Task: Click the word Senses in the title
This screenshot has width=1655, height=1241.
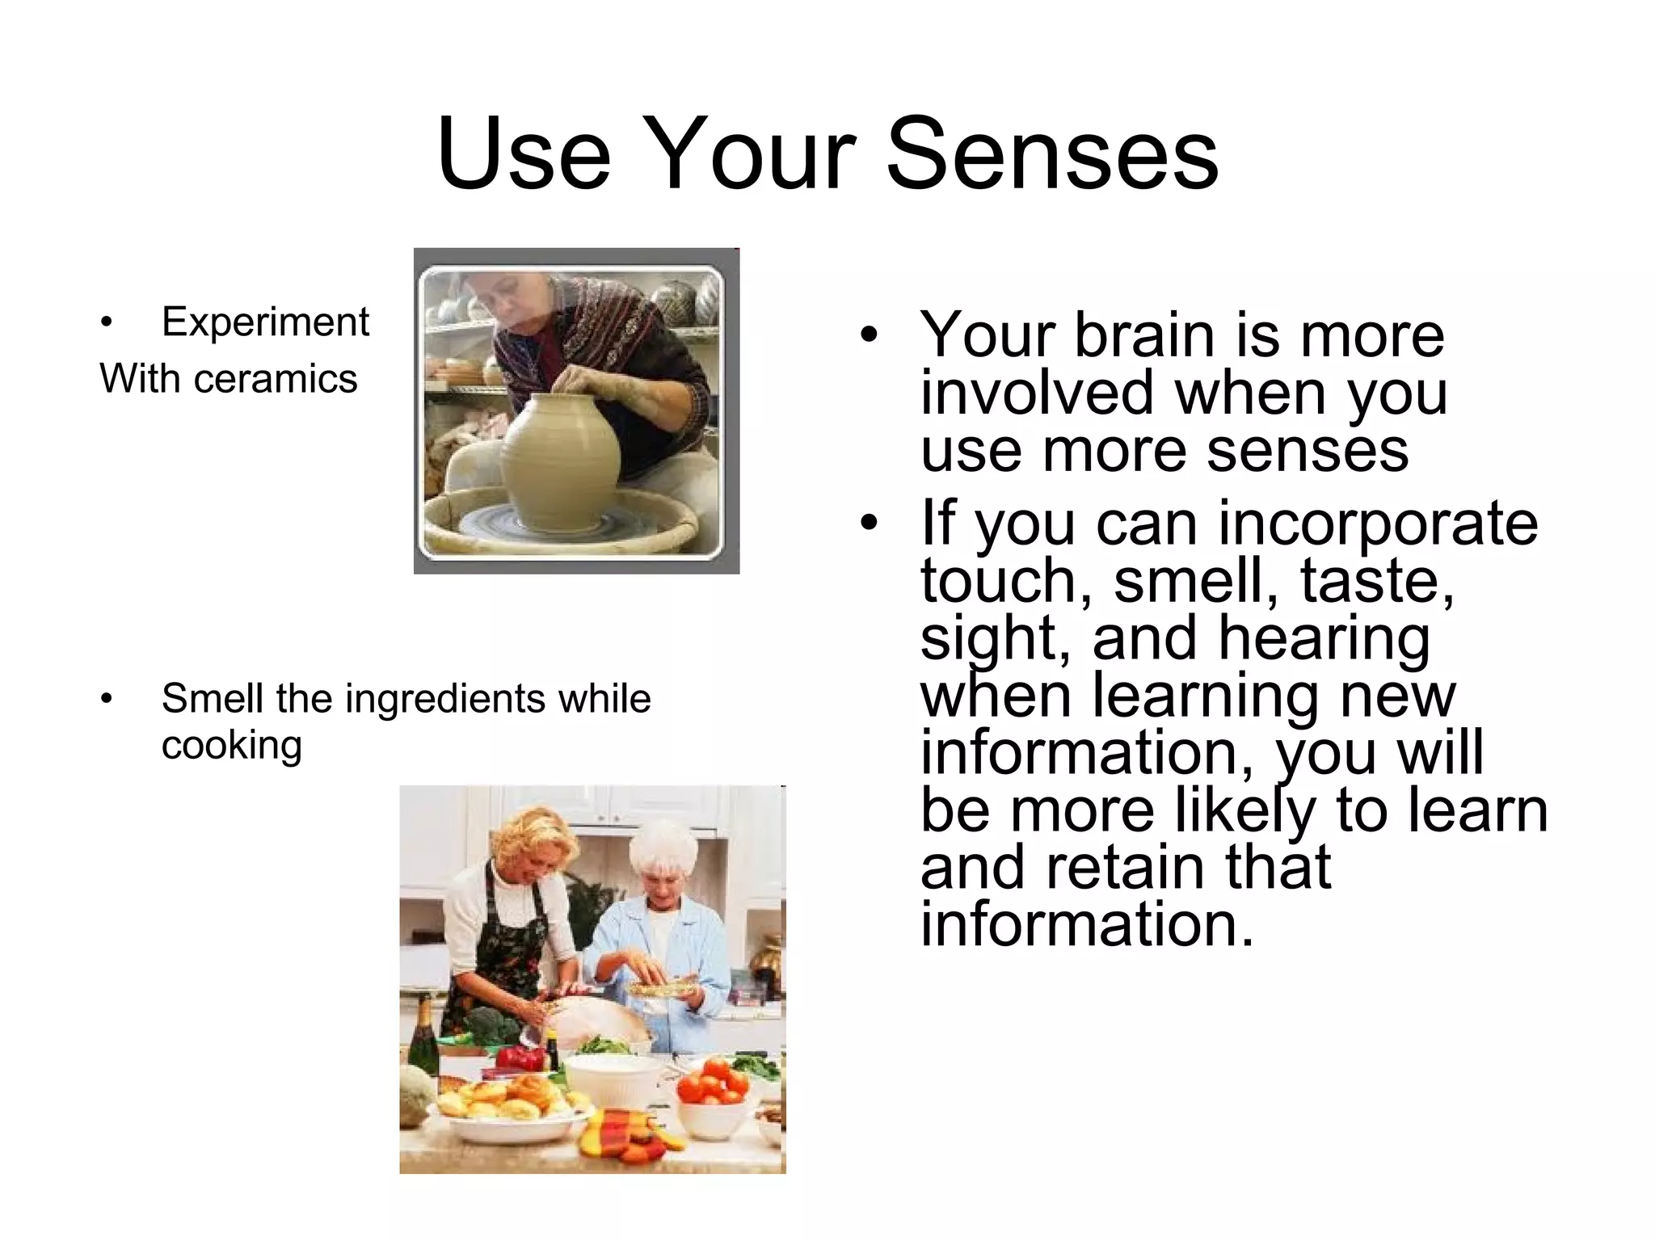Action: (x=1052, y=154)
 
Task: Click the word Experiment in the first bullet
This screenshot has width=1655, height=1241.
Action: (x=265, y=322)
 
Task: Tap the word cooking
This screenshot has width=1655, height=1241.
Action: (x=231, y=744)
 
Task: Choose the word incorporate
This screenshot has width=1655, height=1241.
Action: (x=1377, y=523)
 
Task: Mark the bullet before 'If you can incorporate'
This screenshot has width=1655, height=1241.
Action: (x=868, y=523)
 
